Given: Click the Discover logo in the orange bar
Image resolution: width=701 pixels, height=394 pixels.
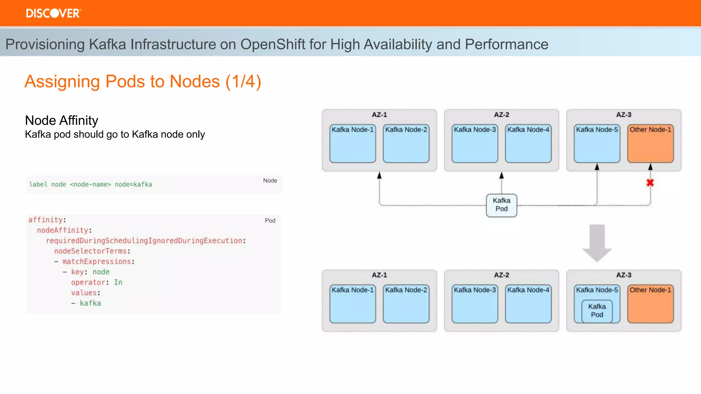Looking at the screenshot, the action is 53,13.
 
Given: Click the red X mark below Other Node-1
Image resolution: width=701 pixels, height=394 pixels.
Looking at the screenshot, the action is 650,183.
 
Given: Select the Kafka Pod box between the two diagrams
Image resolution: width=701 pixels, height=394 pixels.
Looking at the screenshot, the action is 501,205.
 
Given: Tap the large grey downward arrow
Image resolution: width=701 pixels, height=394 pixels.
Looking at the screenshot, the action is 597,243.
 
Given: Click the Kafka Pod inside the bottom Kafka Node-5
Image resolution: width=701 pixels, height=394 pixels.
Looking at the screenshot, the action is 597,311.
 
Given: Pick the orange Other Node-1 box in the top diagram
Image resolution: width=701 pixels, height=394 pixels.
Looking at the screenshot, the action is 650,144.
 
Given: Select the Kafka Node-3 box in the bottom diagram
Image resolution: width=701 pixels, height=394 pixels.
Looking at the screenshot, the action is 475,304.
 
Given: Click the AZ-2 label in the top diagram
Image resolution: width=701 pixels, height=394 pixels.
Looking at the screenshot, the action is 501,115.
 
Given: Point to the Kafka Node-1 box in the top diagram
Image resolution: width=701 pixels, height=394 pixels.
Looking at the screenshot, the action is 353,144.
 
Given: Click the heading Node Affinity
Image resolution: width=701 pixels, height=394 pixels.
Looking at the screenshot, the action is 62,120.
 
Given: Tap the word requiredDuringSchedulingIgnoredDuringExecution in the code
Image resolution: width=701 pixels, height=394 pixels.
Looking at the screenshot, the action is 144,241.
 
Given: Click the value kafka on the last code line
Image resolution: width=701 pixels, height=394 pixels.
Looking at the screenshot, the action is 90,303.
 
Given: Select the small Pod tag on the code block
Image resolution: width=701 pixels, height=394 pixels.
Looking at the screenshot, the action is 270,221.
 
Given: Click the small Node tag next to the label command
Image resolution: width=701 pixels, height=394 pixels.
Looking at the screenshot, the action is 270,181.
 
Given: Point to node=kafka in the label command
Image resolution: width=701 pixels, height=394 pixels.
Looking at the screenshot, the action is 133,184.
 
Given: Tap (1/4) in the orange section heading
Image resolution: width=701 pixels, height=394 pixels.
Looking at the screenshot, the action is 243,82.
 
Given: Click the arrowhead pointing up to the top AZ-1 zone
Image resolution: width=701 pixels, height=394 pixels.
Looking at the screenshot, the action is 379,175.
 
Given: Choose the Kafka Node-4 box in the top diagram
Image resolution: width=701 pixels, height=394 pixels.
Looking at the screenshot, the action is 528,144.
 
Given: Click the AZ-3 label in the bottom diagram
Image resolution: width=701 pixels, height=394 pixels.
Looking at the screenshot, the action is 624,275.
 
